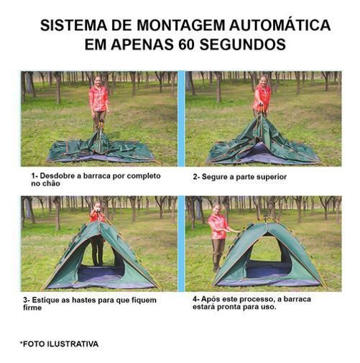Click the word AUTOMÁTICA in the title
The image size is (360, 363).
coord(280,25)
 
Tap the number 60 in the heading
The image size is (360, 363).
coord(186,45)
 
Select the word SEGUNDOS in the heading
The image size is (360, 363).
coord(242,45)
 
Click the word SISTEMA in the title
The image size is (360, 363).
coord(73,25)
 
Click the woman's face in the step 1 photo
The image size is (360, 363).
coord(97,80)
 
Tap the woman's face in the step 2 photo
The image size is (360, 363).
coord(263,80)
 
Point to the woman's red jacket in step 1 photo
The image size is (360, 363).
coord(98,98)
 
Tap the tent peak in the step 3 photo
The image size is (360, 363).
coord(99,222)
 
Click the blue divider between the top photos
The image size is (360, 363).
coord(181,119)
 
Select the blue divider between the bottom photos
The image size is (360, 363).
coord(181,244)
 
